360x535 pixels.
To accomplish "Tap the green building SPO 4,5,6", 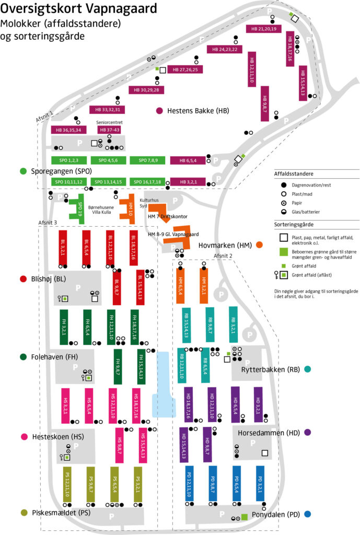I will pos(108,160).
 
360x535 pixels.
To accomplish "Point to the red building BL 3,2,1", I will pos(63,244).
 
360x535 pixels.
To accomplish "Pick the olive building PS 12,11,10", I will pos(67,483).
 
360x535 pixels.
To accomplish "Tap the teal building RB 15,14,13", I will pos(186,323).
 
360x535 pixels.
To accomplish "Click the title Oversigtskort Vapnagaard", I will pos(78,9).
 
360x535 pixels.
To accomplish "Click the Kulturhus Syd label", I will pos(150,203).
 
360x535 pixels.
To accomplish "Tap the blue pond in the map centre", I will pos(164,384).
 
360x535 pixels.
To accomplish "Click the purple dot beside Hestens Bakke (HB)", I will pos(160,111).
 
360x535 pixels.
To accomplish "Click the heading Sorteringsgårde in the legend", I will pos(296,223).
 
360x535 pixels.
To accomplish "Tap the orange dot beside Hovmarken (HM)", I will pos(259,245).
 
